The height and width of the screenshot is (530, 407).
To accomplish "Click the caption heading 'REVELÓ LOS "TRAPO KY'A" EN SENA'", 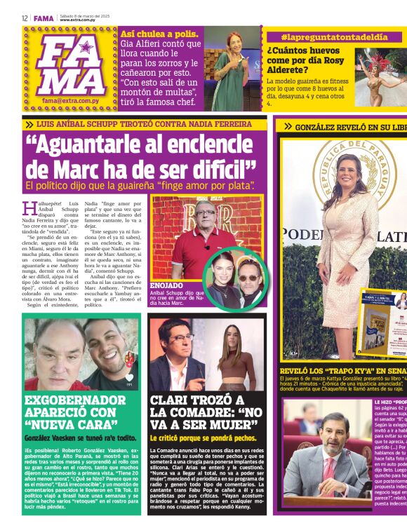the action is pyautogui.click(x=343, y=369).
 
